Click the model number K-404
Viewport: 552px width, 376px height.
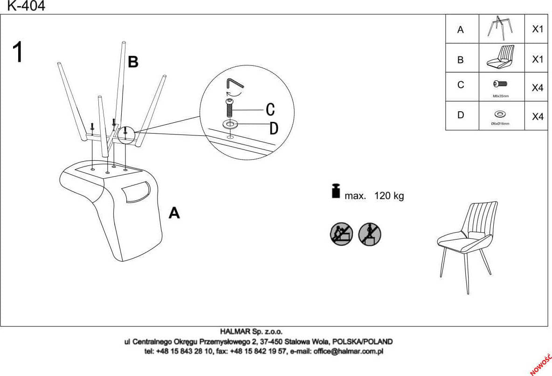pos(27,6)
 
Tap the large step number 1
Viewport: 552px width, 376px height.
pos(18,52)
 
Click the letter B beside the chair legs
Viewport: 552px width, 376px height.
pos(133,62)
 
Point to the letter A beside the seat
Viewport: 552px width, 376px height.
pos(174,213)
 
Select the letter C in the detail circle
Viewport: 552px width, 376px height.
pos(270,109)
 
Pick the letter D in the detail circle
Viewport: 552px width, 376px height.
pos(274,128)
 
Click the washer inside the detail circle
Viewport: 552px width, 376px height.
pos(230,124)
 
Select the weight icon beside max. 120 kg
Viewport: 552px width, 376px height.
pos(336,191)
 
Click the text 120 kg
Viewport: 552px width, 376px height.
pos(389,196)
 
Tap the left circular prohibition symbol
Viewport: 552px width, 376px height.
pos(341,234)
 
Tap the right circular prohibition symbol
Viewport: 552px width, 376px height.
pos(370,234)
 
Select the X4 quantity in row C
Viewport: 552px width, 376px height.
pos(538,88)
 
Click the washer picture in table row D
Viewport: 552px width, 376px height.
pos(500,114)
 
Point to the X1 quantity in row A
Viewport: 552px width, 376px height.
pos(538,29)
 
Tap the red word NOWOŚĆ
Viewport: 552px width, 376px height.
pos(540,364)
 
